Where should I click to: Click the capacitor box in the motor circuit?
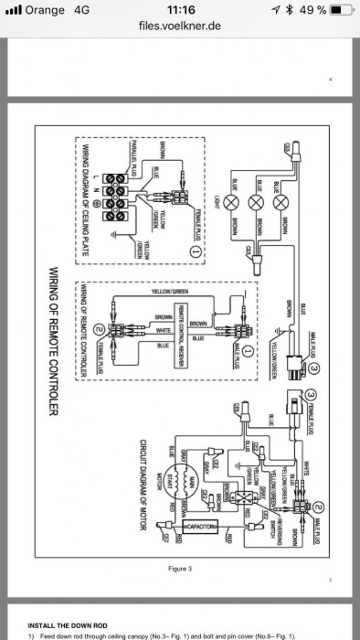(200, 528)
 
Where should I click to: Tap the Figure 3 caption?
(179, 569)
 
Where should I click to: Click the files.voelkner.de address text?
(179, 27)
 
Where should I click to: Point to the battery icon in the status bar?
(340, 10)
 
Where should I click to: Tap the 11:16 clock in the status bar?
(179, 10)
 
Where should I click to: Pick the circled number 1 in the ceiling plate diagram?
(195, 249)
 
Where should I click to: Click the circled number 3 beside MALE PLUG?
(313, 367)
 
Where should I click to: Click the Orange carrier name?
(44, 10)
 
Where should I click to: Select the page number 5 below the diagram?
(331, 580)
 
